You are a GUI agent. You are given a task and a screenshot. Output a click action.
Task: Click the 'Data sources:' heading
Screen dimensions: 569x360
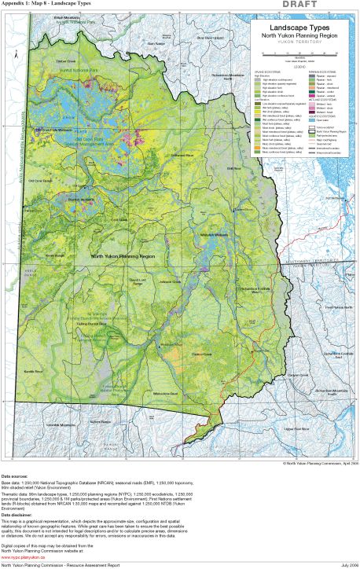tap(17, 477)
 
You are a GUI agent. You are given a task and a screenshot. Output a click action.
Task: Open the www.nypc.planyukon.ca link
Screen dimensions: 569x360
tap(24, 546)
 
